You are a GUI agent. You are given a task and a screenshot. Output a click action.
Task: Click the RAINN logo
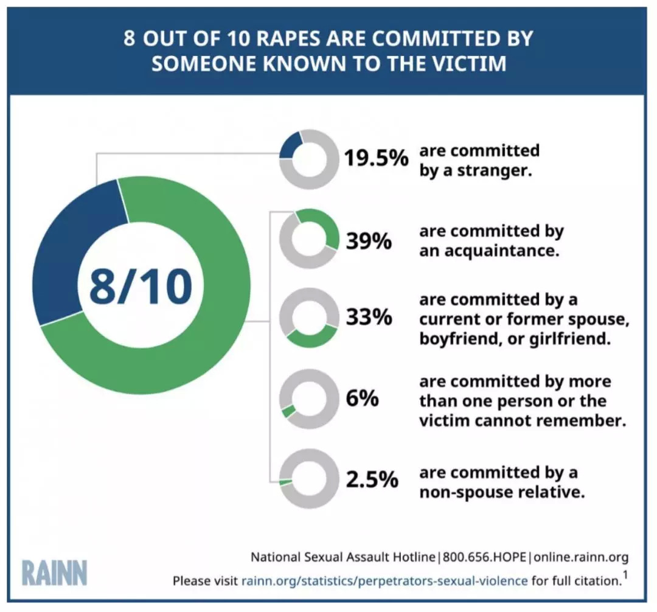pos(54,573)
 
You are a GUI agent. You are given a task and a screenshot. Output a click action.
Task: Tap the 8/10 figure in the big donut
pos(141,286)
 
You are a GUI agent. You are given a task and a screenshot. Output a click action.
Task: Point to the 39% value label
pos(369,241)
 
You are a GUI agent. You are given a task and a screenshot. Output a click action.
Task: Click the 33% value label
pos(369,318)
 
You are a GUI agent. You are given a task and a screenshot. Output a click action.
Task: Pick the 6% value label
pos(362,399)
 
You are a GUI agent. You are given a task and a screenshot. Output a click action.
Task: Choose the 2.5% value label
pos(372,479)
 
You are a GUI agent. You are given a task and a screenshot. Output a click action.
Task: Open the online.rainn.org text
pos(581,557)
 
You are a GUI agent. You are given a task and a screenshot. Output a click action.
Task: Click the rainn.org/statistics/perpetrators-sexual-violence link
pos(384,580)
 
